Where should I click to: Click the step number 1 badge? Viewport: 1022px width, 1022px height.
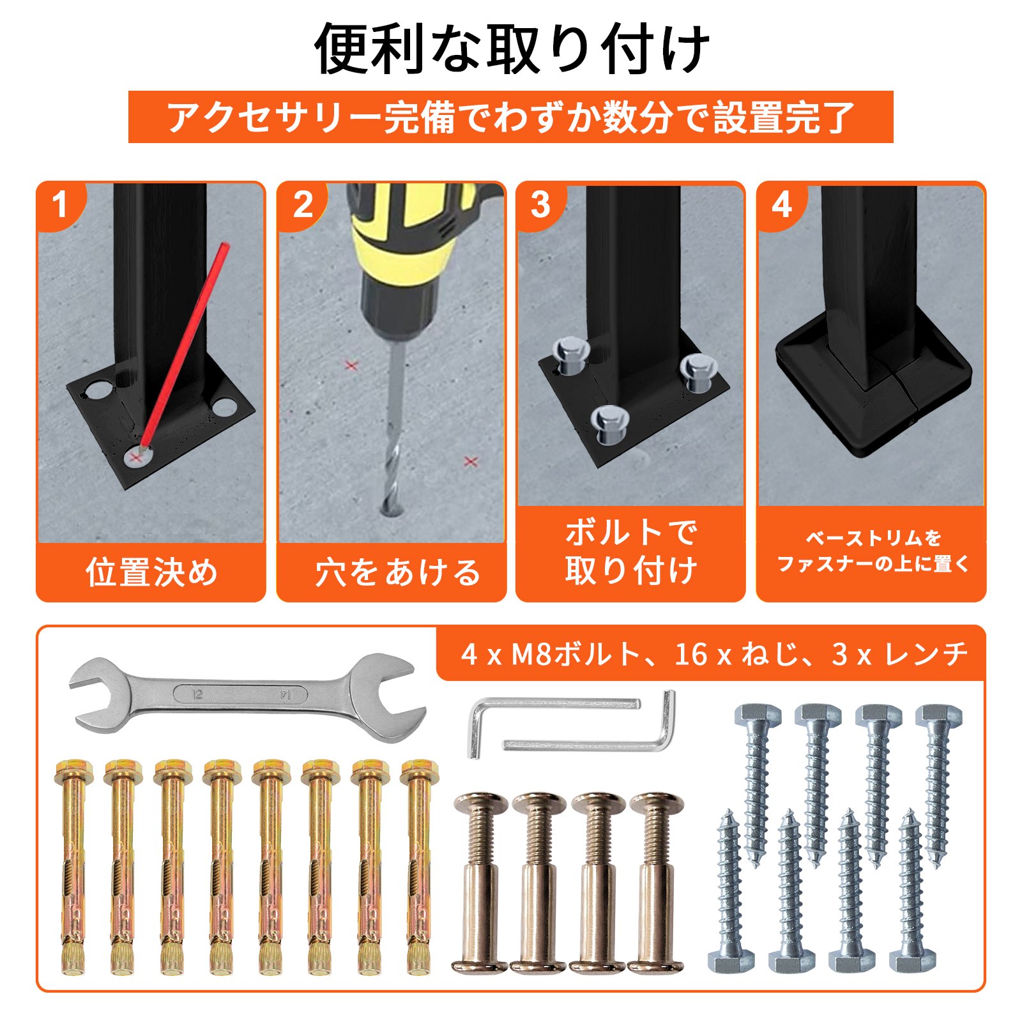point(59,204)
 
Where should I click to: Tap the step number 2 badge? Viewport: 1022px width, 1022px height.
point(301,204)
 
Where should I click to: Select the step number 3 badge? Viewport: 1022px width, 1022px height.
point(541,204)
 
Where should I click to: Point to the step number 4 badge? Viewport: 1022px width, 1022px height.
point(782,204)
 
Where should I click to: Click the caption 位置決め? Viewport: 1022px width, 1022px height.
point(151,572)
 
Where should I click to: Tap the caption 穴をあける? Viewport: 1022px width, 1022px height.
point(397,572)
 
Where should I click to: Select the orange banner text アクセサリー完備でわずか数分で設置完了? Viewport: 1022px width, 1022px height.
point(511,118)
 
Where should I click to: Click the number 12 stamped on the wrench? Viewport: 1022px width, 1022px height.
point(198,694)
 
